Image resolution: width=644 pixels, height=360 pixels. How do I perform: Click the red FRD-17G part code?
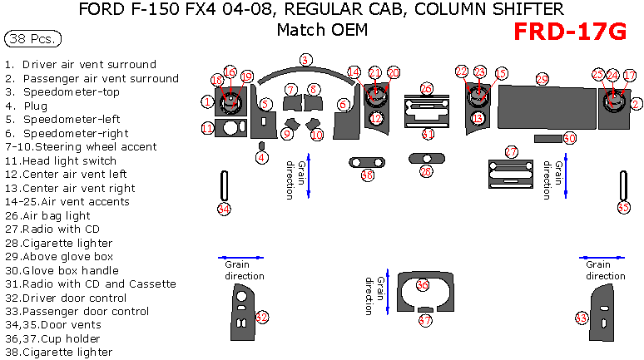tap(569, 32)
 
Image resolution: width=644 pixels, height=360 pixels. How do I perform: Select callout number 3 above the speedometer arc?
tap(305, 60)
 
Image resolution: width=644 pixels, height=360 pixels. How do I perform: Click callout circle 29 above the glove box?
tap(542, 79)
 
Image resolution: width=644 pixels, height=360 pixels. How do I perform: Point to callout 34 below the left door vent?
tap(223, 210)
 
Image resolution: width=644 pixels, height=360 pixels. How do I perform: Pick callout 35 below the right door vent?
tap(623, 207)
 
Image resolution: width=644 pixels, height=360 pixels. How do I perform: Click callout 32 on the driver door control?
tap(261, 317)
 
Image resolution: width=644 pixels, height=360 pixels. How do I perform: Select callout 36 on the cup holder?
tap(422, 285)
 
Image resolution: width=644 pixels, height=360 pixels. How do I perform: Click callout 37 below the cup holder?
tap(424, 320)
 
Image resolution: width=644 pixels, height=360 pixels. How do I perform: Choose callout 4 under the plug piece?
tap(261, 156)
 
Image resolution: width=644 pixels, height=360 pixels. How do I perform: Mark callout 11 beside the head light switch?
tap(207, 128)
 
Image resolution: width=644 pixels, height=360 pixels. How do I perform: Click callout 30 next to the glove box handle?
tap(570, 138)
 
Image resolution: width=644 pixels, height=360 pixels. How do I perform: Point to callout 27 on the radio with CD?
tap(511, 151)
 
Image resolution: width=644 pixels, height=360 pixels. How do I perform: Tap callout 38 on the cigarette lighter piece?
tap(367, 175)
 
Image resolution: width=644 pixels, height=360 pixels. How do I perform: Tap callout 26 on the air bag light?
tap(426, 88)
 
